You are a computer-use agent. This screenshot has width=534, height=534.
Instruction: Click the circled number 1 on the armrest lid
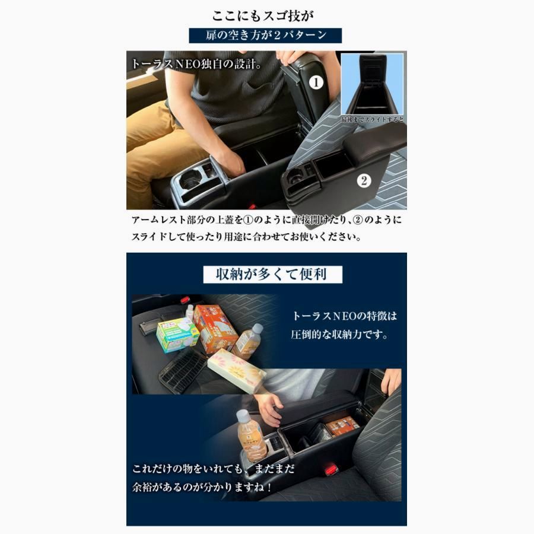317,82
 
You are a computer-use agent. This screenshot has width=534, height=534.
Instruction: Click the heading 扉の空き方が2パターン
266,35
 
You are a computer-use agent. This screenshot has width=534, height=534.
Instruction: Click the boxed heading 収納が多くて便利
273,274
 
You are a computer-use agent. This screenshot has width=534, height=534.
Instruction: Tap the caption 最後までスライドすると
373,120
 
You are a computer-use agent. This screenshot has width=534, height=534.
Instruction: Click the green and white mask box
177,335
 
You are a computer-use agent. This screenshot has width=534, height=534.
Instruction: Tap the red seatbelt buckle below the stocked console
330,469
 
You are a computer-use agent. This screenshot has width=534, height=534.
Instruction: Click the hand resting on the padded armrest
269,408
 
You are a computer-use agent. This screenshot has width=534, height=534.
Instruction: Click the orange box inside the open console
343,425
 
